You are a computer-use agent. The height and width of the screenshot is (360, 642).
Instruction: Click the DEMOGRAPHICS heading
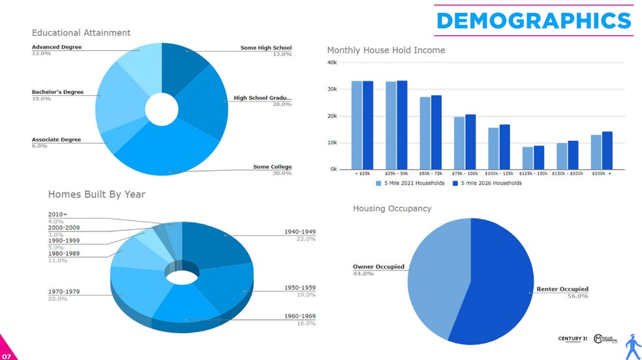tap(534, 21)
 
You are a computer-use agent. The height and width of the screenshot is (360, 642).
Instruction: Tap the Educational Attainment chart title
tap(81, 33)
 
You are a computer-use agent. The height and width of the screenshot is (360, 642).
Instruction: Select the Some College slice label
tap(272, 167)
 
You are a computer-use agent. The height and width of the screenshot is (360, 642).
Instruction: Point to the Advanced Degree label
tap(57, 47)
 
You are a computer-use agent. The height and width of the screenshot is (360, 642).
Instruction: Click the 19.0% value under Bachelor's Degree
tap(40, 98)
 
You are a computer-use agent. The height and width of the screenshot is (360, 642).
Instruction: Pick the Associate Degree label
tap(56, 140)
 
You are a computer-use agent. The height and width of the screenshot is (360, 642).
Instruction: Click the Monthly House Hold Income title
tap(386, 50)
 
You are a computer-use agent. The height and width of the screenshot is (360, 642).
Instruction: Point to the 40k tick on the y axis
tap(331, 63)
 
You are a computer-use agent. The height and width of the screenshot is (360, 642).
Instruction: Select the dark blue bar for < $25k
tap(368, 125)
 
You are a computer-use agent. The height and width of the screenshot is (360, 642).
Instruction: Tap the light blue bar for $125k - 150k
tap(527, 158)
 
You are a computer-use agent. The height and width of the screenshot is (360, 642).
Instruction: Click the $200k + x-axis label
tap(600, 174)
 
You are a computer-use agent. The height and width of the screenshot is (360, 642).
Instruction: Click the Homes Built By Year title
tap(97, 194)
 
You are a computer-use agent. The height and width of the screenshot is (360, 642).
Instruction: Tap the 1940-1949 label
tap(299, 232)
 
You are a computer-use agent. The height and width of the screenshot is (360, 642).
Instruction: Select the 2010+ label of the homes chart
tap(57, 214)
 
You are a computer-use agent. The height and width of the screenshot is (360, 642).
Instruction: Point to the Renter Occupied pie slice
tap(502, 280)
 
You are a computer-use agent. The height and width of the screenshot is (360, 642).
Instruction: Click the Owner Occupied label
tap(378, 267)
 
